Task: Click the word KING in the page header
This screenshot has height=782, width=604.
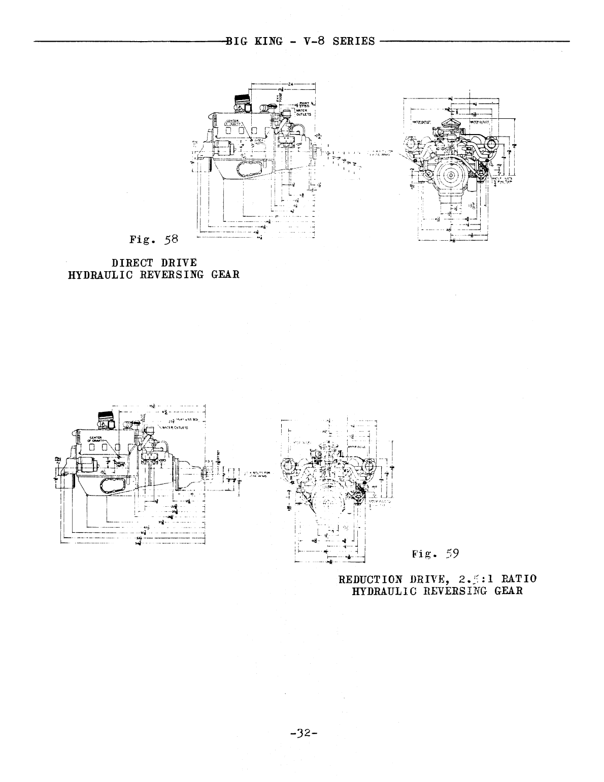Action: point(269,42)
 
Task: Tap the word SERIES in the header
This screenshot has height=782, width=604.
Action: point(353,42)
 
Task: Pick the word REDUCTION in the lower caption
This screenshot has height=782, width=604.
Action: point(371,579)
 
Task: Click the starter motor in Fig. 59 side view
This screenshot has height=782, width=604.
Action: point(87,464)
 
